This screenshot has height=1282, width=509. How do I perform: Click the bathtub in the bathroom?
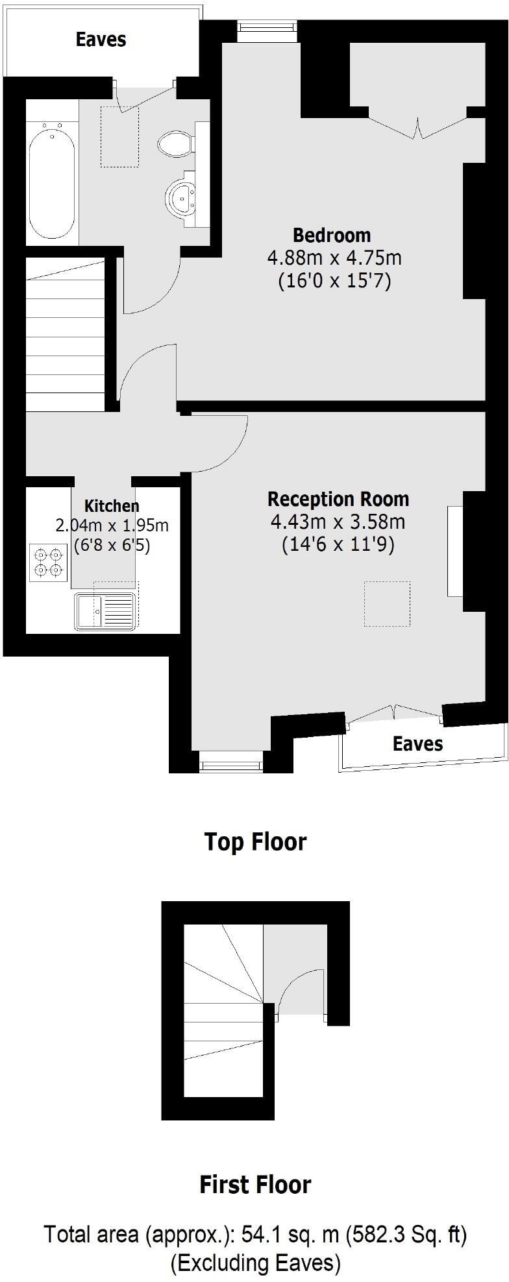[52, 183]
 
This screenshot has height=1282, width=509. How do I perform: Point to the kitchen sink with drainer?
[105, 611]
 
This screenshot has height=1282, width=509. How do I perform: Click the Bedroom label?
[332, 235]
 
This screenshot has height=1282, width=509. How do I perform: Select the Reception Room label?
[338, 499]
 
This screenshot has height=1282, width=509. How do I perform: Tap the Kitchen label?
[112, 506]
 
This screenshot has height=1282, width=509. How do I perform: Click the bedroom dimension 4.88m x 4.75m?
[334, 258]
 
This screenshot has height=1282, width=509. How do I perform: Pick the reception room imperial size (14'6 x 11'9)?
[338, 544]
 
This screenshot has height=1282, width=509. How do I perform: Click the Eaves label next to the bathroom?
[101, 40]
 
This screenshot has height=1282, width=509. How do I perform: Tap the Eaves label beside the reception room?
[417, 744]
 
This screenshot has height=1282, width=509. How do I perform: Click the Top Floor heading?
[255, 841]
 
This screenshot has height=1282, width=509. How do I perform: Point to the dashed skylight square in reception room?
[387, 604]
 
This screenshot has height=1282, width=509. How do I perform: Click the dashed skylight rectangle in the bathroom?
[119, 137]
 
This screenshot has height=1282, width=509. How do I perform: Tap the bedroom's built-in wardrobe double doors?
[417, 123]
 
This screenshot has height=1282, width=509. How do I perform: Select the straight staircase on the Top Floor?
[65, 334]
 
